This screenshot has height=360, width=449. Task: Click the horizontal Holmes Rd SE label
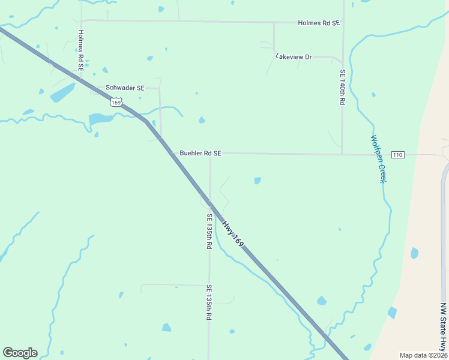[319, 23]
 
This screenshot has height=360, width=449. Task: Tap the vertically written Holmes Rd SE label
[80, 51]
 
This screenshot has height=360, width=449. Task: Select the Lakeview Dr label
[294, 56]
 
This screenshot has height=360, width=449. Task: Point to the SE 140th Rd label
[343, 88]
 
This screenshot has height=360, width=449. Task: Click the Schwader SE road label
[125, 88]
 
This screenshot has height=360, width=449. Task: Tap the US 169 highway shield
[116, 103]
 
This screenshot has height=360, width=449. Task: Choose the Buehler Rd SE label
[200, 153]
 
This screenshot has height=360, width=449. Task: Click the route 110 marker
[397, 155]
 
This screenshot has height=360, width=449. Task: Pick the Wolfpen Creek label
[376, 159]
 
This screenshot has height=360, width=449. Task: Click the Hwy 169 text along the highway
[233, 234]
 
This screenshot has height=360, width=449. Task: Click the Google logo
[20, 353]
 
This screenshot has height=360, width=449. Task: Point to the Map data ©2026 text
[423, 355]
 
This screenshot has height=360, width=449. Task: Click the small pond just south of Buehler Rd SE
[258, 180]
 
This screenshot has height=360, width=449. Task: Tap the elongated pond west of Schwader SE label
[62, 92]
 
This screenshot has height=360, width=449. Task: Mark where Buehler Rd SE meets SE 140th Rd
[342, 154]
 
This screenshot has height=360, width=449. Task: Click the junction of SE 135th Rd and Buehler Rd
[209, 154]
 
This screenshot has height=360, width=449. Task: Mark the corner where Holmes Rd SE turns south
[80, 20]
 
